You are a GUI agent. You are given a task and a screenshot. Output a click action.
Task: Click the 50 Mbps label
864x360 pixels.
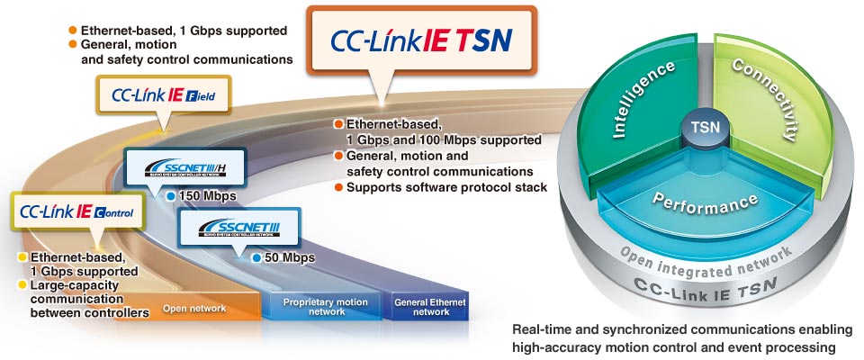click(x=289, y=258)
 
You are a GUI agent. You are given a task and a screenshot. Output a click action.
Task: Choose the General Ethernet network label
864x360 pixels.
click(x=431, y=307)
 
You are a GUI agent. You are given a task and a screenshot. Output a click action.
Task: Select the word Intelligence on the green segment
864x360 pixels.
click(x=643, y=101)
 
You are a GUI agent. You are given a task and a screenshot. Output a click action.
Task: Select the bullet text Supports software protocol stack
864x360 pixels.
click(x=446, y=187)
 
